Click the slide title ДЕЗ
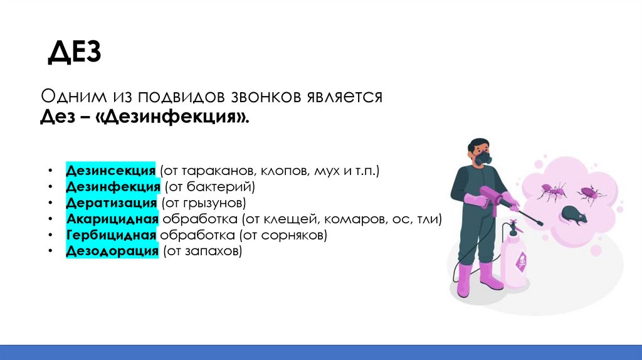point(74,53)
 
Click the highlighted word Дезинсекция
point(111,171)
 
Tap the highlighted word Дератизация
point(111,203)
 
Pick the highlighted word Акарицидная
point(111,220)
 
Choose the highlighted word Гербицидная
point(111,236)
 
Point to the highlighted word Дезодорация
point(111,251)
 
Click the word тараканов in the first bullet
point(209,171)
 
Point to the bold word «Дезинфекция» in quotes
point(173,117)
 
